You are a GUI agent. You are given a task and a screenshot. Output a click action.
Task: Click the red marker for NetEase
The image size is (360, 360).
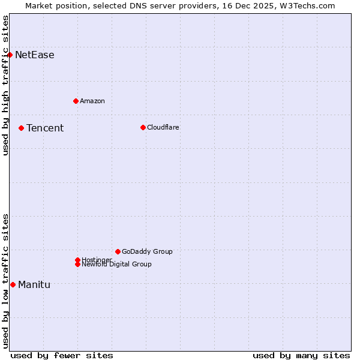(10, 55)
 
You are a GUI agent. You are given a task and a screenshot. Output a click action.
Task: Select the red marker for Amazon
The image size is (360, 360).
(76, 101)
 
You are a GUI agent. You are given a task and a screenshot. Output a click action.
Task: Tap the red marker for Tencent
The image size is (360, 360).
(21, 128)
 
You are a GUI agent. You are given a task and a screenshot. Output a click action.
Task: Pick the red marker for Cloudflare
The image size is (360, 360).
(143, 127)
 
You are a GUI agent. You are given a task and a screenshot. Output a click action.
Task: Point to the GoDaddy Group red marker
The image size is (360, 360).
(118, 251)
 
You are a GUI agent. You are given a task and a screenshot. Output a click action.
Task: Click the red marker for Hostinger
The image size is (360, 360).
(77, 260)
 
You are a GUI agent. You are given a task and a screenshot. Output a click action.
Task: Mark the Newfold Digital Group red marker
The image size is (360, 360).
(78, 264)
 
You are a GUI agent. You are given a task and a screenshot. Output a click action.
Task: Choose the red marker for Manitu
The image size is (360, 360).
(13, 284)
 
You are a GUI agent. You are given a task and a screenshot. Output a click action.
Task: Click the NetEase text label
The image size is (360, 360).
(35, 55)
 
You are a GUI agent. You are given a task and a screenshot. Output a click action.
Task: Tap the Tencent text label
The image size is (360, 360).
(45, 128)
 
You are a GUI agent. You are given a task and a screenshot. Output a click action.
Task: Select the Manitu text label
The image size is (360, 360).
(34, 284)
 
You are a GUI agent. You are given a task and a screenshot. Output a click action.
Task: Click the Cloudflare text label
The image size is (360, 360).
(163, 127)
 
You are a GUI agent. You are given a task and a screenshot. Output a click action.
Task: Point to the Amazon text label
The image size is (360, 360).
(92, 101)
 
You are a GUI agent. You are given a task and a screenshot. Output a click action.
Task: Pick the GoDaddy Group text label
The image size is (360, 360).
(147, 251)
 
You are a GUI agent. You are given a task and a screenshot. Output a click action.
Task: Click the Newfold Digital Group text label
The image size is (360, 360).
(117, 265)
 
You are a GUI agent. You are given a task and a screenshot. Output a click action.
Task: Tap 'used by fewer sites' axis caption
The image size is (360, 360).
(62, 355)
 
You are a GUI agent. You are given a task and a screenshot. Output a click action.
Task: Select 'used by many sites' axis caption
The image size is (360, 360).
(301, 355)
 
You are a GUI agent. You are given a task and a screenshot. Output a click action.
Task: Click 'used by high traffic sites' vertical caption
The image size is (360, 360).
(5, 85)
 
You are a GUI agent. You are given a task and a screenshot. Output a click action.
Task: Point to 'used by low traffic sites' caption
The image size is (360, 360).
(5, 281)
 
